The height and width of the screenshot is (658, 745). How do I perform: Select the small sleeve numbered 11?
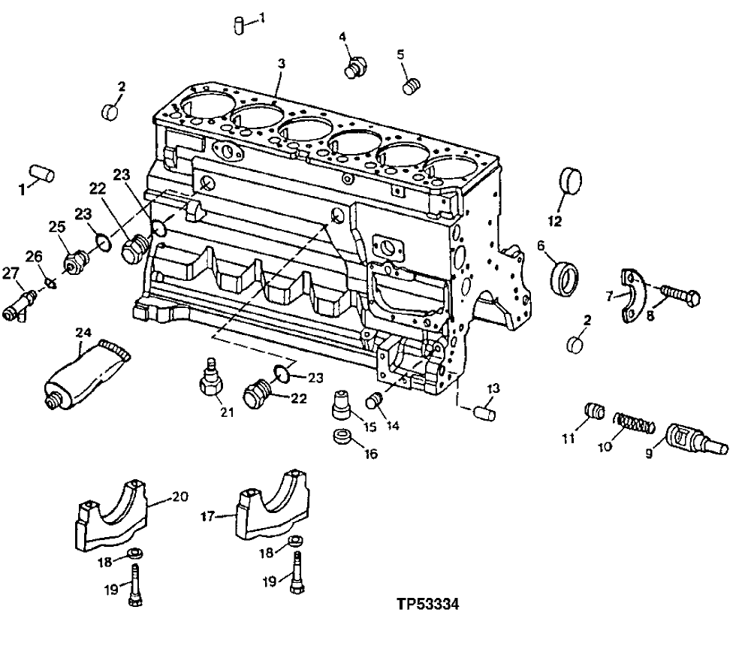pyautogui.click(x=595, y=413)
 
